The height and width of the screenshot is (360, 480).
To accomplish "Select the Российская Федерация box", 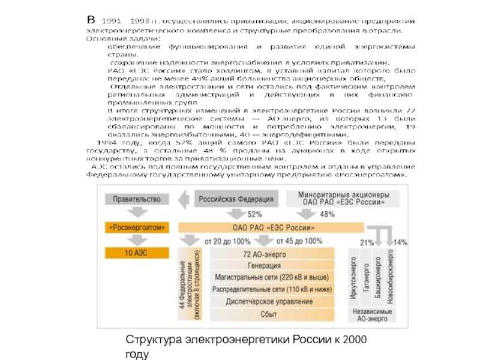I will pos(236,198).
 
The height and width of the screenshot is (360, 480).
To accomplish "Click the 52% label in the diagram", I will pos(254,214).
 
